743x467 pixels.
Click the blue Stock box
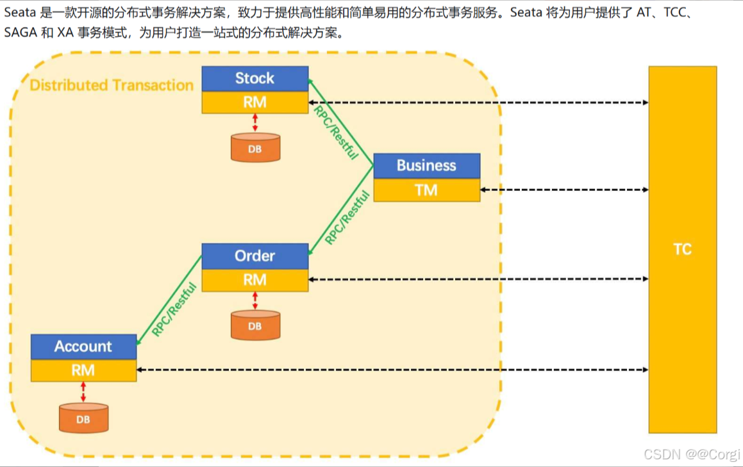click(x=255, y=79)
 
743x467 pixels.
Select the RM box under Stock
click(x=255, y=102)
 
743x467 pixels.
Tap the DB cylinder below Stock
click(x=255, y=147)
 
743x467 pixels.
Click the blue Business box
click(x=426, y=165)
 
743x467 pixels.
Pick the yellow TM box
click(x=426, y=190)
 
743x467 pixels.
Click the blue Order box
click(x=255, y=256)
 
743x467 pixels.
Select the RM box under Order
click(x=255, y=280)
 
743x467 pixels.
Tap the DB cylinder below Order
click(x=255, y=325)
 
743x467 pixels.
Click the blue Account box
click(x=83, y=347)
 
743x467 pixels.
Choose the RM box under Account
click(x=83, y=370)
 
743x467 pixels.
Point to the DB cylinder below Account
click(x=83, y=418)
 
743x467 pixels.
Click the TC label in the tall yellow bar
click(x=682, y=249)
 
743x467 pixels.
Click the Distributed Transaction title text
click(x=112, y=85)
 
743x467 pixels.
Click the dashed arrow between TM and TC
click(x=564, y=190)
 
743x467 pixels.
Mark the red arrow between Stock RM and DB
click(x=255, y=122)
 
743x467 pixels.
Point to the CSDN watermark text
click(x=691, y=454)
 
